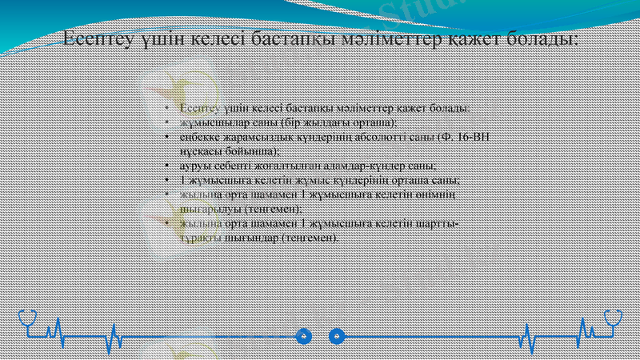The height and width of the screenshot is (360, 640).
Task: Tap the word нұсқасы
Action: (199, 150)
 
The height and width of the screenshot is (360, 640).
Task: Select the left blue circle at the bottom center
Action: (303, 336)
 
